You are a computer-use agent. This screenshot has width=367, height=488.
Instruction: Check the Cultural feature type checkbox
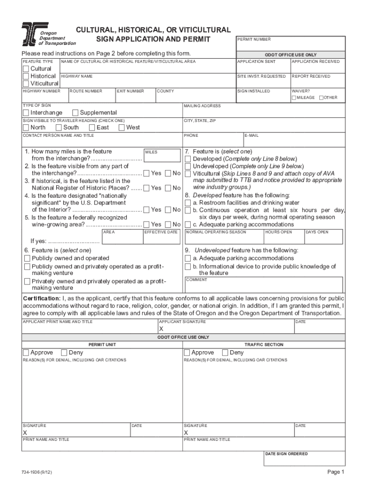tap(26, 69)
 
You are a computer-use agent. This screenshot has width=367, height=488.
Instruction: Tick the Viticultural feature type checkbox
tap(26, 84)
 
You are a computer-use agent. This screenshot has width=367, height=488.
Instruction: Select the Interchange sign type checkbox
tap(26, 112)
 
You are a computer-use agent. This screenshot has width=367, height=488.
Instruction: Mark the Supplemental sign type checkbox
tap(75, 112)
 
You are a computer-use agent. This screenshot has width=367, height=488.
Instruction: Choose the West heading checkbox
tap(122, 127)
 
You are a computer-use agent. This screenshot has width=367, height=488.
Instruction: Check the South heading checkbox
tap(59, 127)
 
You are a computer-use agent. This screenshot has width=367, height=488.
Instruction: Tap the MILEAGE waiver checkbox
tap(294, 98)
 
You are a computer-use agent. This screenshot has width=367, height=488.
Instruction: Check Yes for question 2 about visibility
tap(146, 173)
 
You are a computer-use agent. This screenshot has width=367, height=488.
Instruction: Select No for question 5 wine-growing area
tap(168, 224)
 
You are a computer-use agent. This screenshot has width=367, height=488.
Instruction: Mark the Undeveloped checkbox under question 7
tap(188, 166)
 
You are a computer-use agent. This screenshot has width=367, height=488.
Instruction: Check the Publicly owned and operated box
tap(27, 258)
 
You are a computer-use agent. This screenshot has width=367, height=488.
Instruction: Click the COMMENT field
tap(263, 285)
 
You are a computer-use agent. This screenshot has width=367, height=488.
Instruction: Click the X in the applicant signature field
tap(161, 329)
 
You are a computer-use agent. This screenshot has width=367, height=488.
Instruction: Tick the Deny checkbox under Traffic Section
tap(226, 353)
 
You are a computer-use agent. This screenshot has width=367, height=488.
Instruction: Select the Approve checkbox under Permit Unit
tap(26, 353)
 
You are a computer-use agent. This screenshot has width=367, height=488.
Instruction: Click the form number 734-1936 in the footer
tap(34, 472)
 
